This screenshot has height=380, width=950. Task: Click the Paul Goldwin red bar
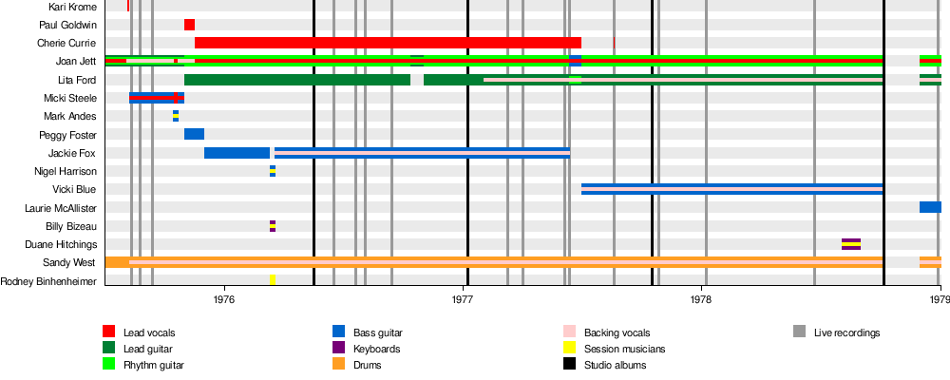[x=190, y=25]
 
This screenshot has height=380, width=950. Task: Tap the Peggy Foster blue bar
[x=195, y=135]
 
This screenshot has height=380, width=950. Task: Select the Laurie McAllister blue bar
[x=931, y=207]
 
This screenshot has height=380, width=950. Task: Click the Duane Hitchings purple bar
[x=851, y=244]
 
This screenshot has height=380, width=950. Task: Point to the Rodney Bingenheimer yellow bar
[x=273, y=280]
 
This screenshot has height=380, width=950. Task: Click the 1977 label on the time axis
[x=463, y=299]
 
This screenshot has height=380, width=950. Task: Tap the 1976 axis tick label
[x=225, y=299]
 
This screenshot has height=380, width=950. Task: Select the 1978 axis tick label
[x=701, y=299]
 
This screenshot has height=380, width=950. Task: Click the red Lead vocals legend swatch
[x=109, y=332]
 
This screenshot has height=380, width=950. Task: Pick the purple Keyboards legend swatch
[x=339, y=348]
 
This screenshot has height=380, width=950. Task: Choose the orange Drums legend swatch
[x=339, y=364]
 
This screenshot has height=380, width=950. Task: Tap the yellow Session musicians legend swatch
[x=569, y=348]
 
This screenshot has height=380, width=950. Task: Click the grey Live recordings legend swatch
[x=800, y=332]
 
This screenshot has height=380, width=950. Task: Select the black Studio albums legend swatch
[x=569, y=364]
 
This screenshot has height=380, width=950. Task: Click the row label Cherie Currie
[x=66, y=43]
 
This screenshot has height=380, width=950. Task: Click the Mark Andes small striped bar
[x=176, y=116]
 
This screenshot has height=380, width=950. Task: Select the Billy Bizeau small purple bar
[x=273, y=226]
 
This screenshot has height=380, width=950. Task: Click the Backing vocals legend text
[x=617, y=332]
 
